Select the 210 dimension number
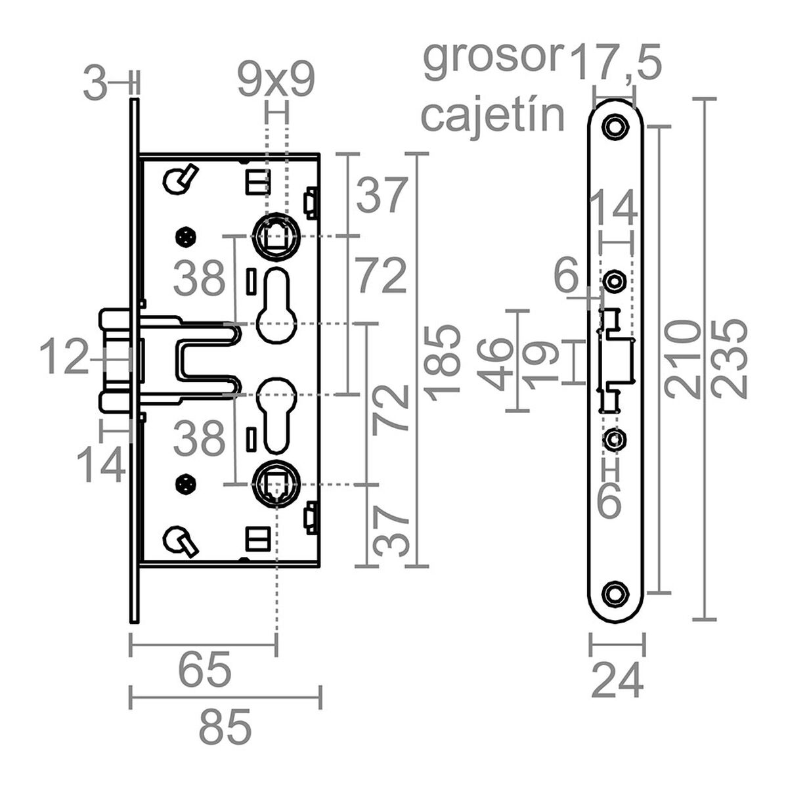coord(681,359)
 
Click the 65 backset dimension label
coord(206,669)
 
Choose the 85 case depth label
coord(225,728)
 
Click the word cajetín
coord(493,116)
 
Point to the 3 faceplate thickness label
coord(96,85)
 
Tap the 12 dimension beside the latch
coord(64,359)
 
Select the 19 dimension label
coord(541,363)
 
